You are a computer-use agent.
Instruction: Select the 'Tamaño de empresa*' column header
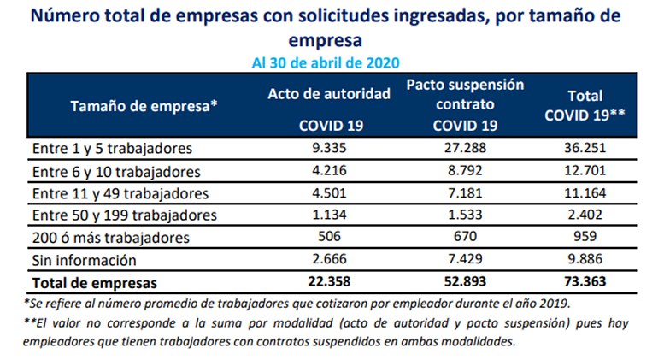(144, 107)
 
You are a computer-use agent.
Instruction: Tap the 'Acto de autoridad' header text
(330, 93)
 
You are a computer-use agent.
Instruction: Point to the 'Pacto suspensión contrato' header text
(465, 95)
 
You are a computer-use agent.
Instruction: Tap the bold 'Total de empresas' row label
(94, 281)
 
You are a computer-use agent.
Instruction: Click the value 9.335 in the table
(330, 148)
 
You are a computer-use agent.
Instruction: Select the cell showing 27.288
(465, 148)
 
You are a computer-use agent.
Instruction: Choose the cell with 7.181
(465, 192)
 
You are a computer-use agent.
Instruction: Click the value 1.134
(330, 215)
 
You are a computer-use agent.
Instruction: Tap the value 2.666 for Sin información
(330, 259)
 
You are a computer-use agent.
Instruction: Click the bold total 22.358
(330, 281)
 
